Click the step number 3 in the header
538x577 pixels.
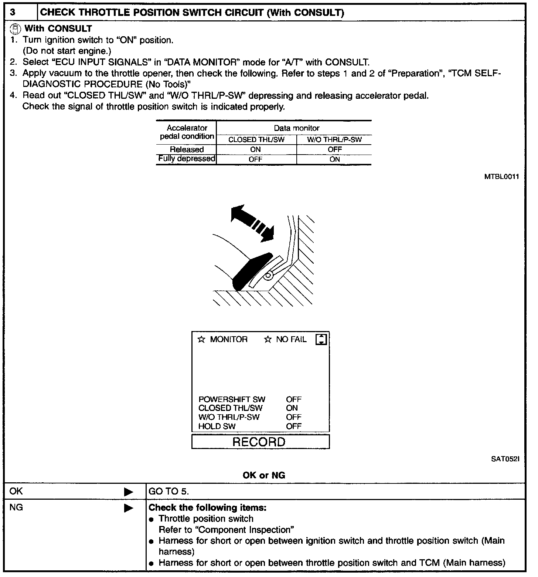pos(13,13)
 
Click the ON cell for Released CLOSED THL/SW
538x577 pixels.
pos(255,149)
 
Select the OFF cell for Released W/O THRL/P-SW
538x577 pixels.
pos(334,149)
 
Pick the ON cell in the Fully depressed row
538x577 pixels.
pos(334,159)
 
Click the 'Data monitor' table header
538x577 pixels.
pos(296,128)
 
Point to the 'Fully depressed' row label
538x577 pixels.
pos(187,159)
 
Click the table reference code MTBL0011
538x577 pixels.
pos(501,177)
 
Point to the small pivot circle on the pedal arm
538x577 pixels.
pos(269,275)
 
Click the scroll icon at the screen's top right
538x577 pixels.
pos(321,339)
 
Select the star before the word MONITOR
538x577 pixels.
pos(201,339)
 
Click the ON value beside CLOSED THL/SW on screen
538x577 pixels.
pos(292,408)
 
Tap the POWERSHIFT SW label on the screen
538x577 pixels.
pos(232,399)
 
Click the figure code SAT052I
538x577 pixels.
pos(505,459)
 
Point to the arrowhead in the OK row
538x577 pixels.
pos(129,492)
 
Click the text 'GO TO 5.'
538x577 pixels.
pos(168,492)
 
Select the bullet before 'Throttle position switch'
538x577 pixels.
pos(151,519)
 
